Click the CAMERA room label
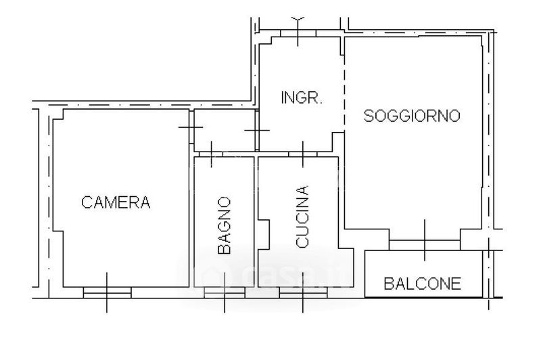point(116,202)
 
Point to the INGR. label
point(301,97)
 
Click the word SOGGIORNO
point(412,116)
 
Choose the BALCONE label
point(423,284)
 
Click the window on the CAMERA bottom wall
point(107,292)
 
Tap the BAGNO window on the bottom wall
point(225,292)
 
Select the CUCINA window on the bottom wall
point(303,292)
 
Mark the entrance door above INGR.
point(298,31)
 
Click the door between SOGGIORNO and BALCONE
point(425,240)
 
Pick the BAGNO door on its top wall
point(212,154)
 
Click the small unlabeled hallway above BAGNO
point(225,130)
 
